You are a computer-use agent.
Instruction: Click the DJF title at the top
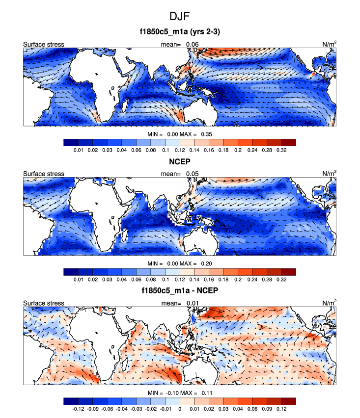pyautogui.click(x=180, y=16)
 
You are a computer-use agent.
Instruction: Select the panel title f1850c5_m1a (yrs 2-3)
pyautogui.click(x=180, y=33)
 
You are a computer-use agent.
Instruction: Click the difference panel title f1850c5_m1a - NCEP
pyautogui.click(x=180, y=291)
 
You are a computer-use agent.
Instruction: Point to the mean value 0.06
pyautogui.click(x=192, y=44)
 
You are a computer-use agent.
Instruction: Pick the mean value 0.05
pyautogui.click(x=192, y=173)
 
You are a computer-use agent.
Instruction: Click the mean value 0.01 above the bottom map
pyautogui.click(x=192, y=303)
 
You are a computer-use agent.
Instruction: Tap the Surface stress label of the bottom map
pyautogui.click(x=43, y=303)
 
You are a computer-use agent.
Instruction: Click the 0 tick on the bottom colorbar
pyautogui.click(x=180, y=409)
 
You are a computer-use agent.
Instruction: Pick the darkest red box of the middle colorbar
pyautogui.click(x=289, y=272)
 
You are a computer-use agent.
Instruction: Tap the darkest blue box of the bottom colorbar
pyautogui.click(x=71, y=401)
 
